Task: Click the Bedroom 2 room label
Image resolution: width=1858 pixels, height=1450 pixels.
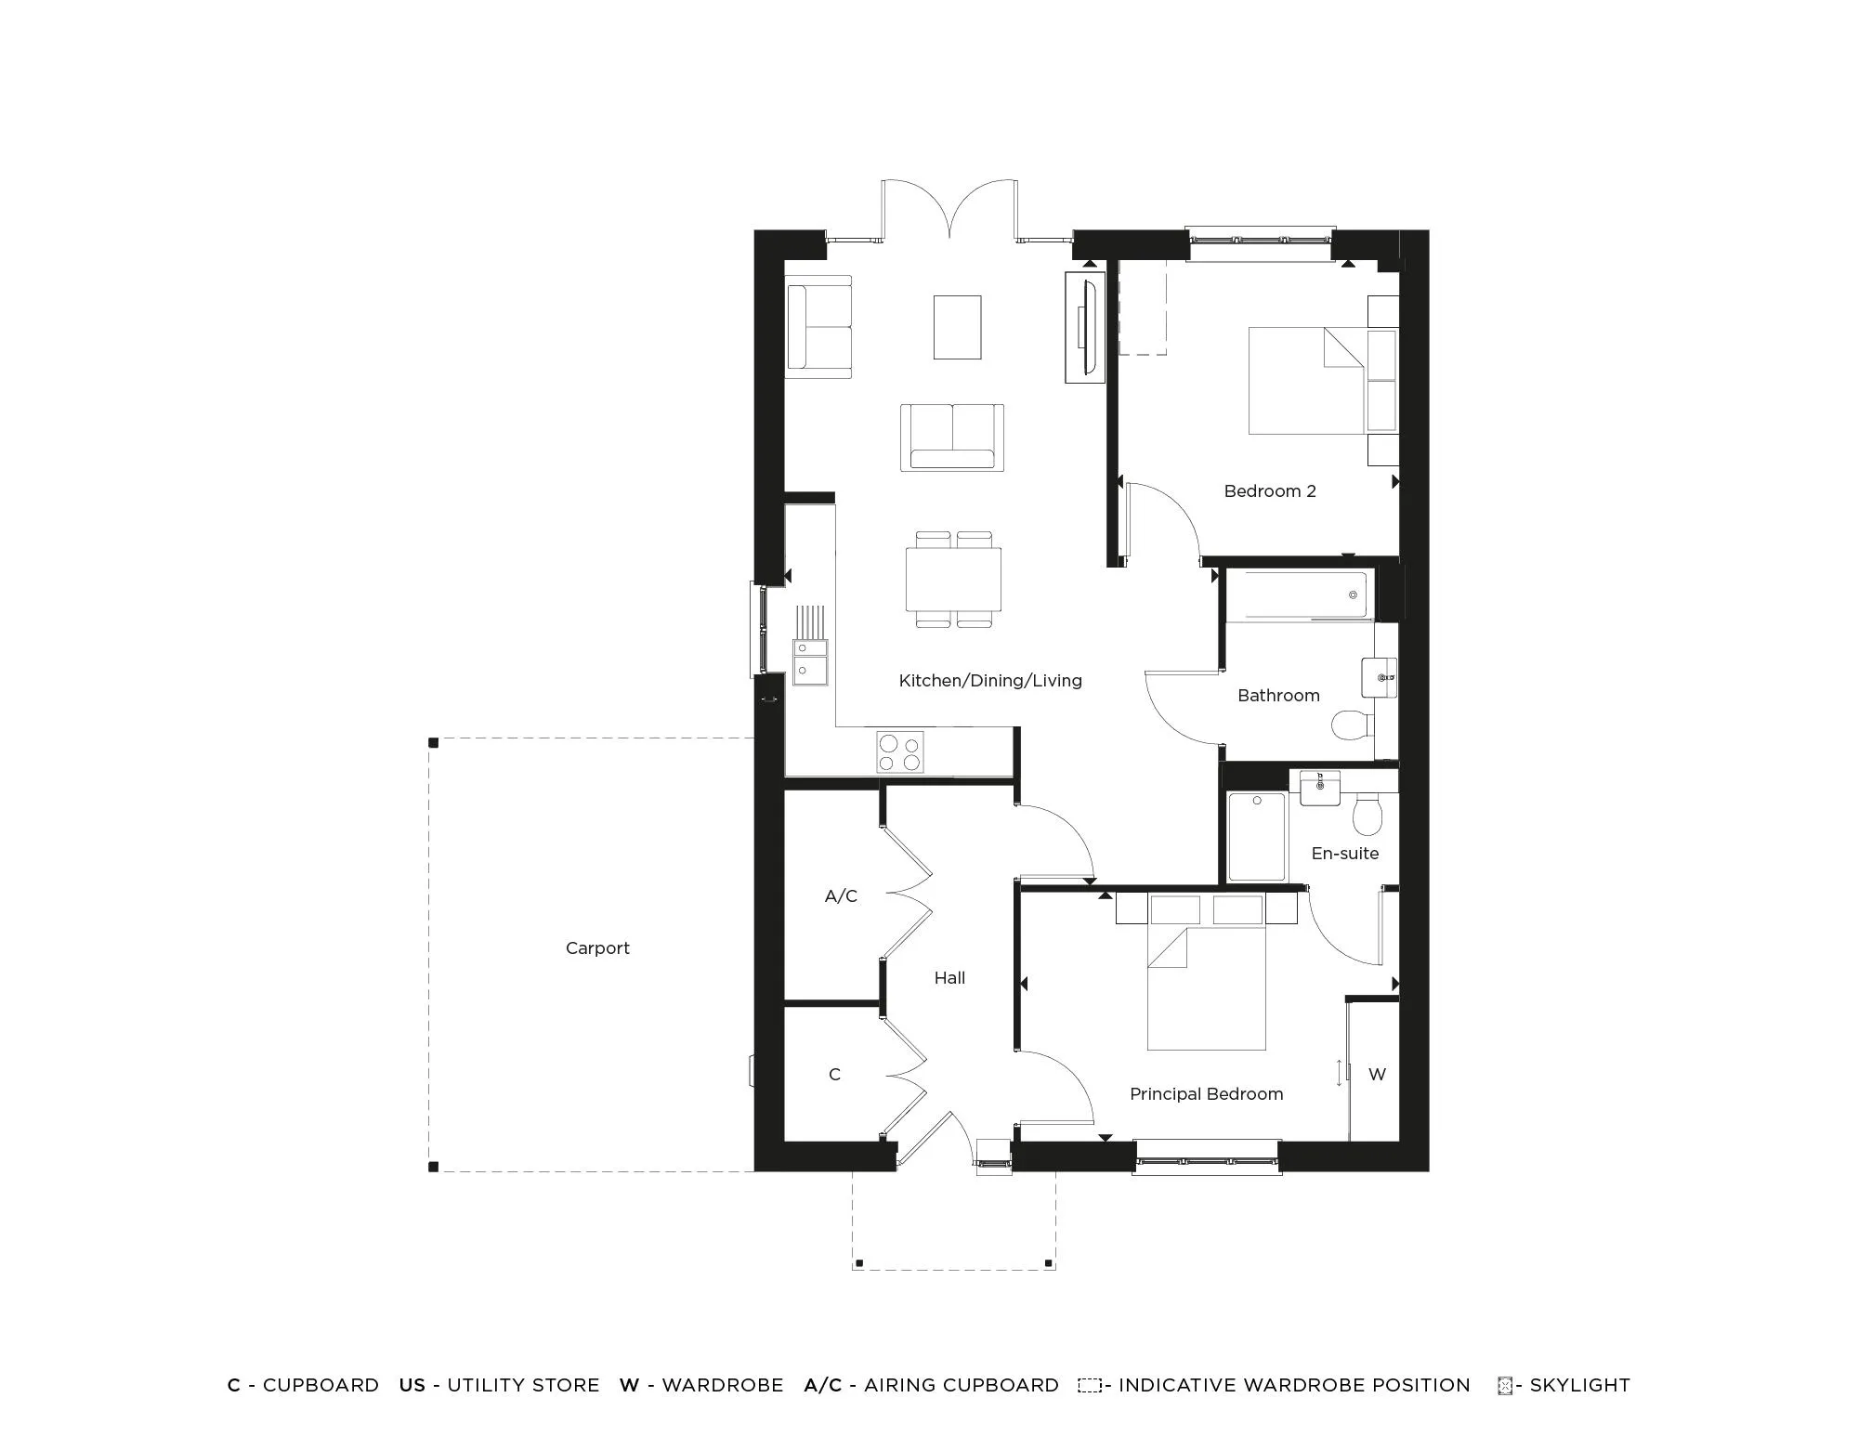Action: click(1269, 491)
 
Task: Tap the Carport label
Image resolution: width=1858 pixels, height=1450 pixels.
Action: click(597, 948)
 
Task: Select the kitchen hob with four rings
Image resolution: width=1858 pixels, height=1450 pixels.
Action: click(899, 752)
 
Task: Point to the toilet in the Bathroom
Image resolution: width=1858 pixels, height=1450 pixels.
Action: click(1353, 725)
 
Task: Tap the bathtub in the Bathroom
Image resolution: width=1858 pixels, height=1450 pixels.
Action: click(1298, 594)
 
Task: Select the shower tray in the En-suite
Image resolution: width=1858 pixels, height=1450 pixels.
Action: click(1257, 837)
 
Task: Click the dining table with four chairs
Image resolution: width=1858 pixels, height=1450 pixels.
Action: click(953, 579)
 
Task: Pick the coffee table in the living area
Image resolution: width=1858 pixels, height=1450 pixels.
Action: click(957, 327)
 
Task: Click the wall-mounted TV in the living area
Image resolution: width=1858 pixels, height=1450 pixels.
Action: click(1085, 327)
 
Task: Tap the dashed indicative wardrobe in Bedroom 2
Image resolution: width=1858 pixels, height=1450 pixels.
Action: click(1142, 307)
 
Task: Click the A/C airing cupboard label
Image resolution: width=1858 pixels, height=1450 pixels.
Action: click(841, 896)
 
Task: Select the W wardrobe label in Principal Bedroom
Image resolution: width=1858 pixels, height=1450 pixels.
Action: click(1377, 1075)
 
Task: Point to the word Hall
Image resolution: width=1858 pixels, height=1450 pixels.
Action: click(949, 978)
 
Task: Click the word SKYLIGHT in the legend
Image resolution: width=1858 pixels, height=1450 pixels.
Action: click(1579, 1385)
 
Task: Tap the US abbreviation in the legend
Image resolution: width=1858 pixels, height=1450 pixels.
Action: click(412, 1385)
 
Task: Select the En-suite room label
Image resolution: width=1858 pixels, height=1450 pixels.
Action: click(1344, 854)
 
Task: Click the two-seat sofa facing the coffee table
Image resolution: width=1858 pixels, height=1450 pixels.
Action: click(951, 438)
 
